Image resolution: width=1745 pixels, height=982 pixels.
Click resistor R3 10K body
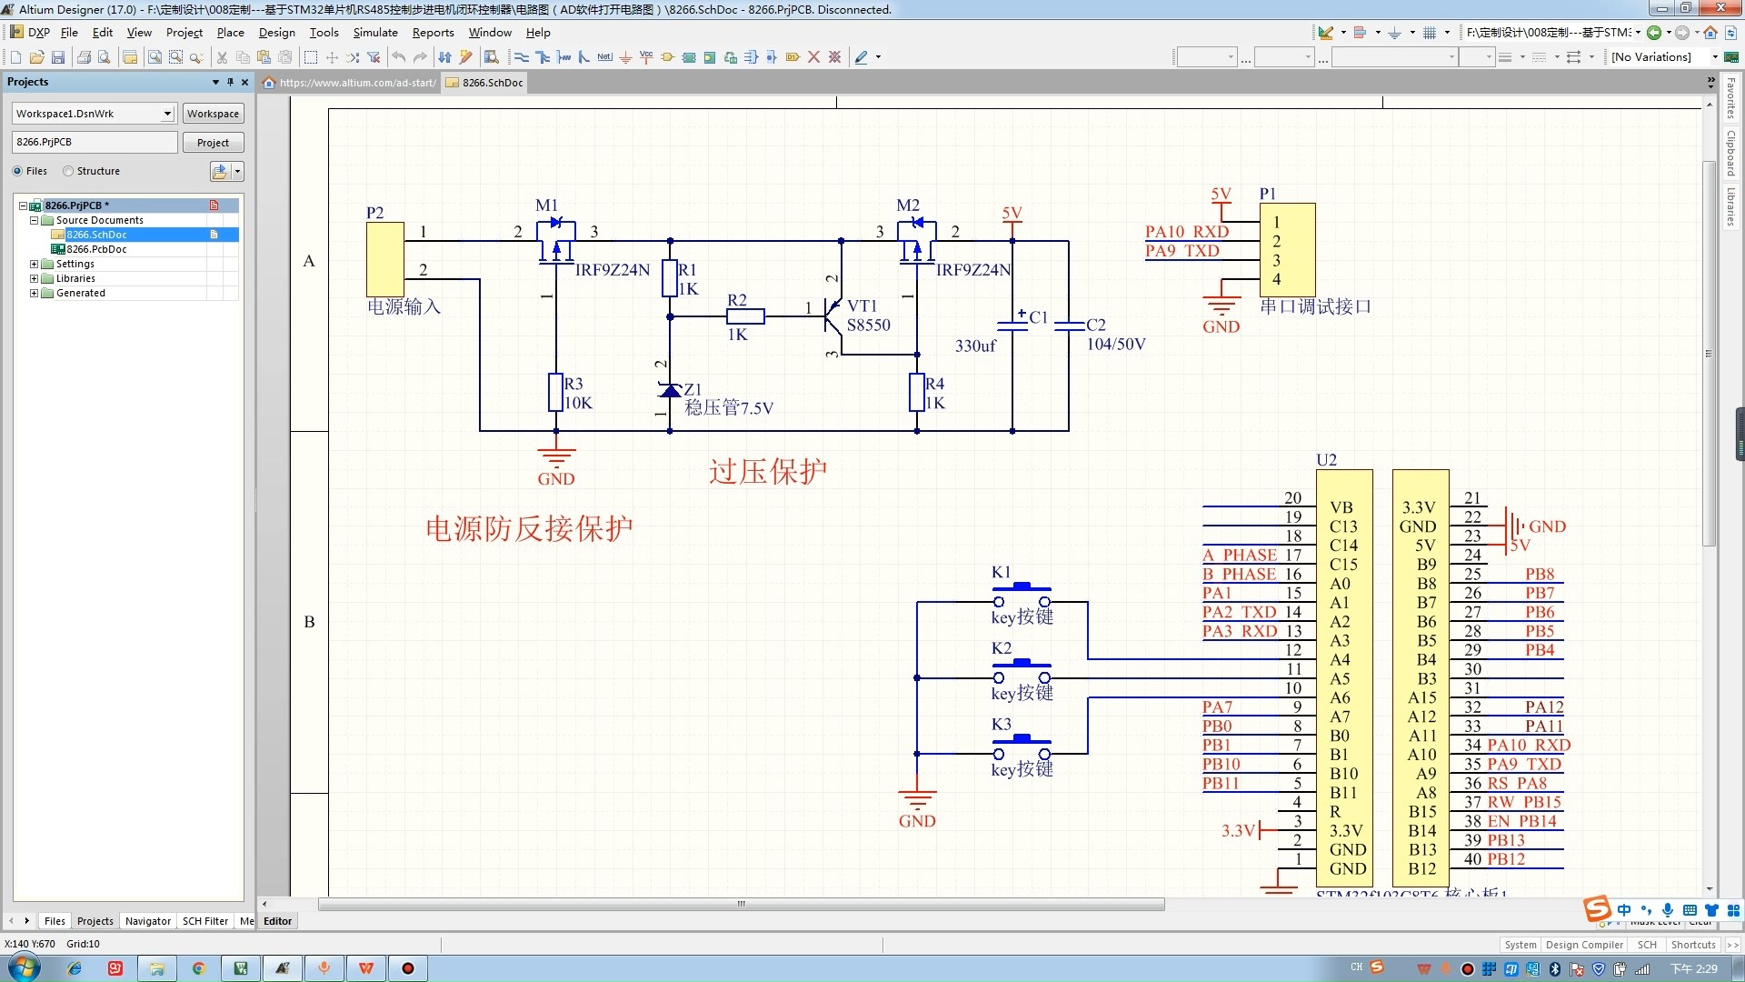(x=555, y=393)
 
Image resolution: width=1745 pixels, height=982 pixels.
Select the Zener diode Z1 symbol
(x=670, y=391)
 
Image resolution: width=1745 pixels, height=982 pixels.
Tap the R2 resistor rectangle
(x=745, y=316)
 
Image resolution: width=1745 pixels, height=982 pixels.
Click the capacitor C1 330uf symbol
(x=1012, y=324)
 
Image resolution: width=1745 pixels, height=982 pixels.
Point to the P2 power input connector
(x=384, y=259)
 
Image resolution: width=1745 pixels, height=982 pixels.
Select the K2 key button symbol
(x=1021, y=671)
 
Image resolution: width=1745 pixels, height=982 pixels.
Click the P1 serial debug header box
(x=1287, y=249)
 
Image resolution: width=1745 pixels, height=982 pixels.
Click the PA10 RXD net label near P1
(x=1186, y=232)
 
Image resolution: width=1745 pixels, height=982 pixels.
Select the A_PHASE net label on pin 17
(x=1240, y=555)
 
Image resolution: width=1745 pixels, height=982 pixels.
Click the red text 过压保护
(x=767, y=471)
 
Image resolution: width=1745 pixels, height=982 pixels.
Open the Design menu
(x=276, y=32)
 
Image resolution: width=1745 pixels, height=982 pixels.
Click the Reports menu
(x=433, y=32)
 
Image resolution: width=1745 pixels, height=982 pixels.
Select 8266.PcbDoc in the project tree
(x=96, y=249)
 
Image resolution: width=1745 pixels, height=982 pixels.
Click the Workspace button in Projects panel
(x=213, y=114)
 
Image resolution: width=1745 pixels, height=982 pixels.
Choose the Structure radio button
(x=68, y=171)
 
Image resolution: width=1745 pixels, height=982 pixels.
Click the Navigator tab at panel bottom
(x=147, y=921)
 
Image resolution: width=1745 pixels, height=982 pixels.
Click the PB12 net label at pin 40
(x=1506, y=858)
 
